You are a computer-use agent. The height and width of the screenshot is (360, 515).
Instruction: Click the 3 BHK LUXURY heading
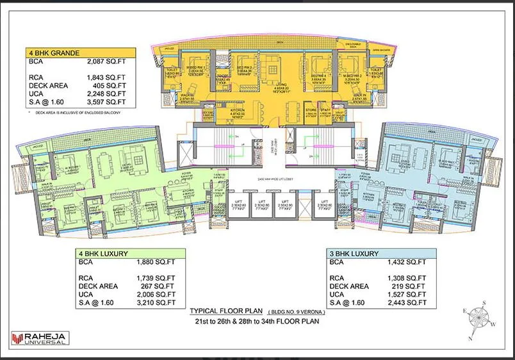(354, 254)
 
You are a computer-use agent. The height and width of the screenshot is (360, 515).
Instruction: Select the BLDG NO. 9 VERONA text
(296, 312)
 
